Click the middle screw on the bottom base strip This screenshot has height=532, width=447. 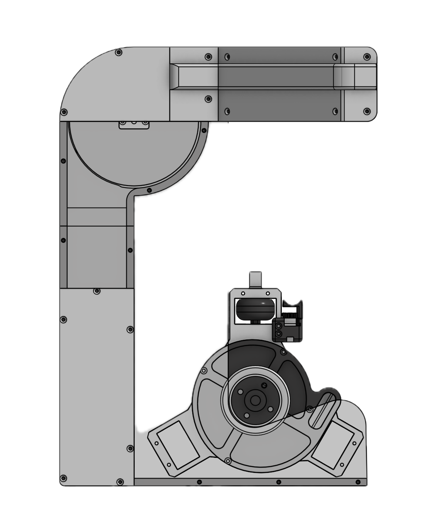(x=279, y=482)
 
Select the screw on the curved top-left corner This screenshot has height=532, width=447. (x=119, y=52)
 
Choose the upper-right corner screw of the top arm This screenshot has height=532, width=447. (x=366, y=57)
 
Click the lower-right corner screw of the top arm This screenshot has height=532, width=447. (x=366, y=111)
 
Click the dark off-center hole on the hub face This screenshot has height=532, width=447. (x=264, y=385)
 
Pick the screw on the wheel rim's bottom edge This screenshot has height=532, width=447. (x=228, y=461)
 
